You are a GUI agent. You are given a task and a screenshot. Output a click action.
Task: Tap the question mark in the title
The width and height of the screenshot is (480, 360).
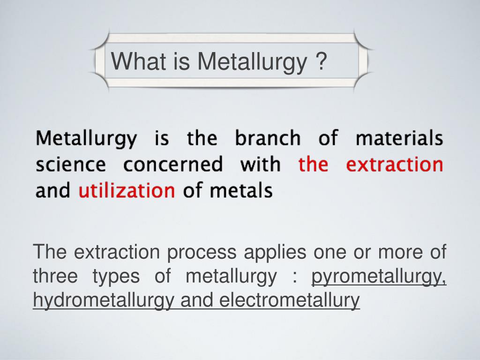tap(321, 61)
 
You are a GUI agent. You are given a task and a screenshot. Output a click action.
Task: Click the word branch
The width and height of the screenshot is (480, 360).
tap(268, 138)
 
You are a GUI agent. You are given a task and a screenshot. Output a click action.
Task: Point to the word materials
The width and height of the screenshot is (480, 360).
tap(399, 138)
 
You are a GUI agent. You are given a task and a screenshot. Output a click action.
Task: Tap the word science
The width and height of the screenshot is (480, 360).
tap(71, 165)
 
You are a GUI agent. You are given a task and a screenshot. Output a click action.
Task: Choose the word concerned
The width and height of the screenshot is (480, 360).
tap(173, 165)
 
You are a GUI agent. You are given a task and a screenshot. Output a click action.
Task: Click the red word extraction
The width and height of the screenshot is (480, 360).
tap(395, 165)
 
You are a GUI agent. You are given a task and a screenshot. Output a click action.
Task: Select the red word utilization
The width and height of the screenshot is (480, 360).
tap(127, 191)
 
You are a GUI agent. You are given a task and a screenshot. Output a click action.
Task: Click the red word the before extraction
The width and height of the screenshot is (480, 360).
tap(313, 165)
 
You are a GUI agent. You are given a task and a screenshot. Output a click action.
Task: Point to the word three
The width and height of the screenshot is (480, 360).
tap(55, 277)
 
